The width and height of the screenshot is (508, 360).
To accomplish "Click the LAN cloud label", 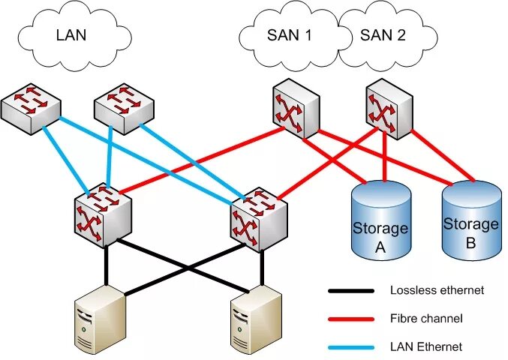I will click(x=72, y=34).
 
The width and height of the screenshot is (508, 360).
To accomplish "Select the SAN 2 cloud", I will click(x=382, y=34).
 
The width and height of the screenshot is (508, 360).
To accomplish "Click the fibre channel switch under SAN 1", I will click(x=295, y=107).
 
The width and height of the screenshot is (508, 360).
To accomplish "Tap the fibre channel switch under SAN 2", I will click(x=387, y=107).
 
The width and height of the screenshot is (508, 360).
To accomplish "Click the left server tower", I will click(x=99, y=319).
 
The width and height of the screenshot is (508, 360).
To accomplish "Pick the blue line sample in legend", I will click(x=350, y=347).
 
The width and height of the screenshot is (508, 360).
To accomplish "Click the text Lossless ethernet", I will click(x=437, y=290).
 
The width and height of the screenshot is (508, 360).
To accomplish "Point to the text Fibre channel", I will click(x=426, y=319).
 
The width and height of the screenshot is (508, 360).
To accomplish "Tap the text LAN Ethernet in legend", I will click(x=425, y=346).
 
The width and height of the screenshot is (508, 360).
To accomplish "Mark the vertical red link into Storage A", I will click(x=385, y=157).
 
